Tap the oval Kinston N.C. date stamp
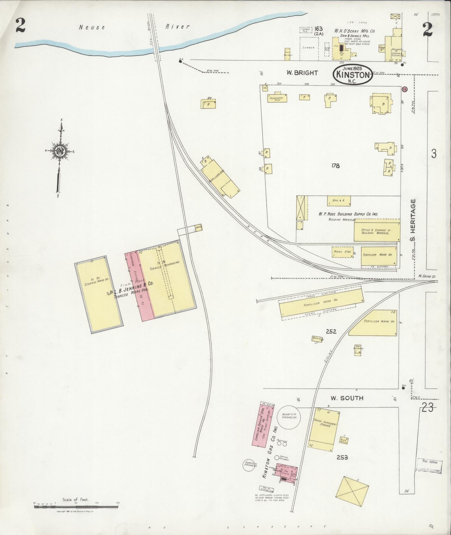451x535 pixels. (x=352, y=75)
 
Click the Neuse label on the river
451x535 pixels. (x=92, y=27)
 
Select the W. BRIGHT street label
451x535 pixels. (x=302, y=73)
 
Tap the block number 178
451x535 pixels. (x=335, y=166)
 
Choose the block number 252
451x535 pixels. (x=331, y=331)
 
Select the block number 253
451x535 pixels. (x=342, y=458)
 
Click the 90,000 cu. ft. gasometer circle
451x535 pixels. (x=289, y=418)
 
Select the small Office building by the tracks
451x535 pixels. (x=199, y=227)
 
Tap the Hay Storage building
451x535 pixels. (x=358, y=350)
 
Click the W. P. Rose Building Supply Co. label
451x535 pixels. (x=348, y=214)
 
